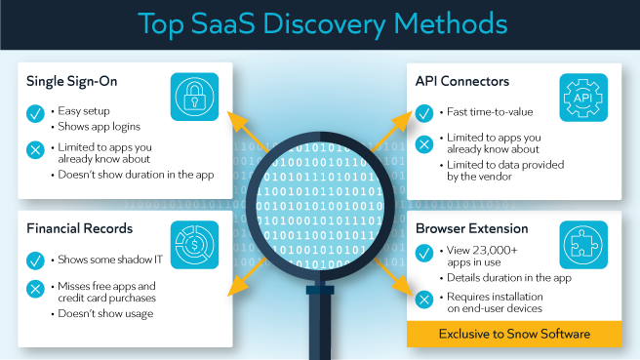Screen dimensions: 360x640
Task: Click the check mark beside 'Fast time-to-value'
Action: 424,112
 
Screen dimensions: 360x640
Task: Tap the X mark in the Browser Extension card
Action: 424,299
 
